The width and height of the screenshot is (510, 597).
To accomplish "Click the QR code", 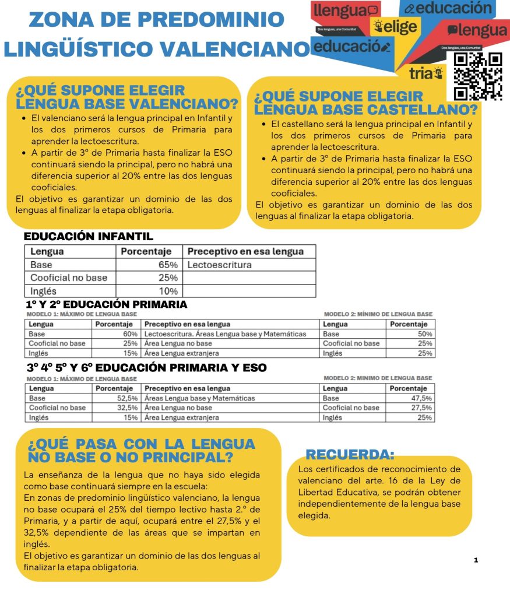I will (x=478, y=76).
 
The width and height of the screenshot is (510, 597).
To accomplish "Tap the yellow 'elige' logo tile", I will (x=396, y=27).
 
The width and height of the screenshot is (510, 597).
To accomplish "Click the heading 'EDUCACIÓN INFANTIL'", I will (x=88, y=237).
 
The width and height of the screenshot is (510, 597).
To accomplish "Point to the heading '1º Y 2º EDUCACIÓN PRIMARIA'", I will (x=106, y=304).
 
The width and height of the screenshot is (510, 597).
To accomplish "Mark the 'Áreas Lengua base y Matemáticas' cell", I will (x=200, y=398).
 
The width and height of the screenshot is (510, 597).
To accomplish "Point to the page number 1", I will (x=476, y=560).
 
